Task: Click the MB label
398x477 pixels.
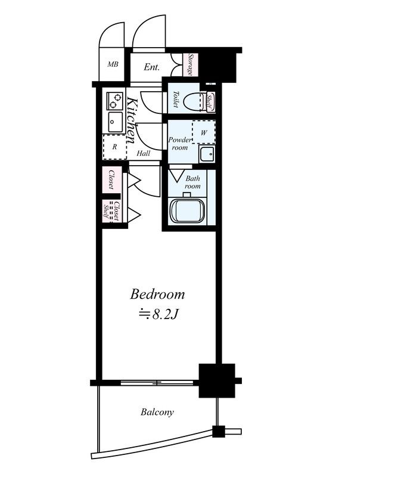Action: [113, 64]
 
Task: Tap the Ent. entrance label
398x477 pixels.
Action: [152, 67]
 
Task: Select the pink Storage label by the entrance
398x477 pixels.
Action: [191, 64]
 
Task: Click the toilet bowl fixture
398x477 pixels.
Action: [195, 101]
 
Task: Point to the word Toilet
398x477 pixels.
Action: [176, 99]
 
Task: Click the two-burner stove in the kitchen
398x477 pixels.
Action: [114, 101]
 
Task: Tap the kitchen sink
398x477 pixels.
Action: [115, 122]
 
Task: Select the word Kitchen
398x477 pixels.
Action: [131, 120]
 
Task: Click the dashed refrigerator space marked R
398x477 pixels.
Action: [114, 147]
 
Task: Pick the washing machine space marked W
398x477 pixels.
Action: [204, 132]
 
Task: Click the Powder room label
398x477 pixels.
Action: [180, 144]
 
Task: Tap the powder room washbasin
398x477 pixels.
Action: [207, 154]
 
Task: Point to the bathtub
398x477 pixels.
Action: [187, 211]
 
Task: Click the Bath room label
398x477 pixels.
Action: [193, 182]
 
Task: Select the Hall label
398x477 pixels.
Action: [143, 153]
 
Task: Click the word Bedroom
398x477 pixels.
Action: [157, 295]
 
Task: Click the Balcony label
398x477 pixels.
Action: [157, 412]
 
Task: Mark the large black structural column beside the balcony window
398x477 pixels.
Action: [217, 380]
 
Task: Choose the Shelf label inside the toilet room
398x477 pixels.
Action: [210, 101]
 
